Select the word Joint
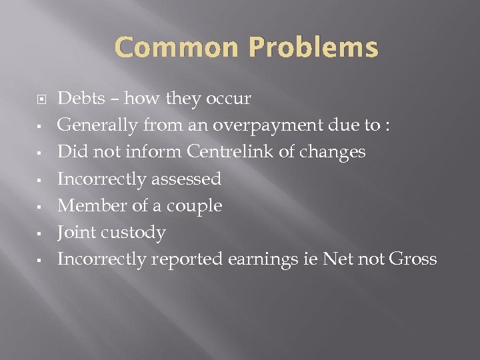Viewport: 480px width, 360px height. pos(75,232)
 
